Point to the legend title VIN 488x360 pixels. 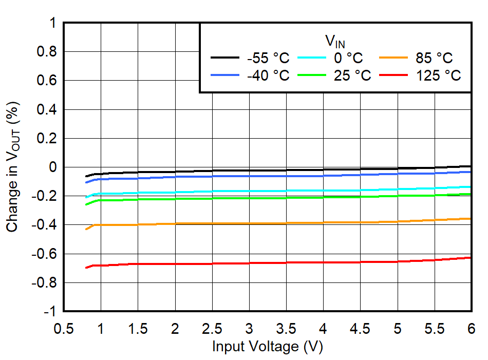[334, 41]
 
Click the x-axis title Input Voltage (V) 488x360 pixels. [267, 347]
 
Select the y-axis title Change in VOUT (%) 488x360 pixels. [14, 167]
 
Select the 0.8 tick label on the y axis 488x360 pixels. [46, 52]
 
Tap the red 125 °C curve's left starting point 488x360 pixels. [86, 268]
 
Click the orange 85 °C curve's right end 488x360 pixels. [471, 219]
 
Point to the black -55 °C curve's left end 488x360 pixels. [86, 176]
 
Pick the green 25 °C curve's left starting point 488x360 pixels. [86, 204]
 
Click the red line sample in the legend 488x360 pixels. [396, 75]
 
